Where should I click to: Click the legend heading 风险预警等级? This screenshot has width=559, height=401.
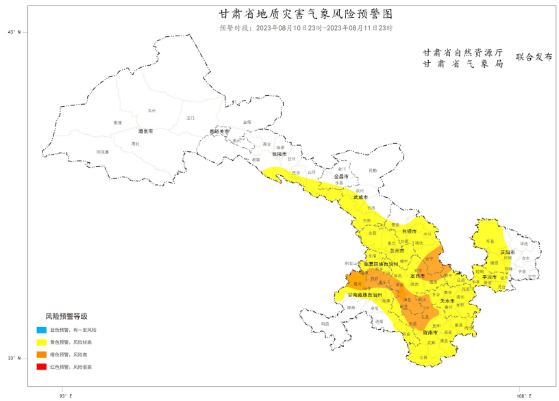[x=66, y=317]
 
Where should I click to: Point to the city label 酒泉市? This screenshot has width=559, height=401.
[x=145, y=131]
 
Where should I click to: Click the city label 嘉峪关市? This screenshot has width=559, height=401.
[x=221, y=131]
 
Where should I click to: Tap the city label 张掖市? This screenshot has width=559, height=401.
[x=279, y=154]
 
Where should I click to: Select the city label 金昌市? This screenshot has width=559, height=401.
[x=341, y=177]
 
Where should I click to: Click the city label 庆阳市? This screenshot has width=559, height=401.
[x=507, y=253]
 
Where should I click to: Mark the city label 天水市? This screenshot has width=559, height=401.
[x=447, y=301]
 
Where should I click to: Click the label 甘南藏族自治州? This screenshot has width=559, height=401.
[x=368, y=295]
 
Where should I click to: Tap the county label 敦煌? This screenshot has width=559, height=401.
[x=118, y=122]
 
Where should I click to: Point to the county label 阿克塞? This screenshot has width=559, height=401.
[x=103, y=151]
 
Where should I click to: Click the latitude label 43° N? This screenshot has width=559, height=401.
[x=14, y=32]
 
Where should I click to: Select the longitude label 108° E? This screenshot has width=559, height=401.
[x=523, y=396]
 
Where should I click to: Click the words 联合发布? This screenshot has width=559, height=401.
[x=534, y=57]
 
